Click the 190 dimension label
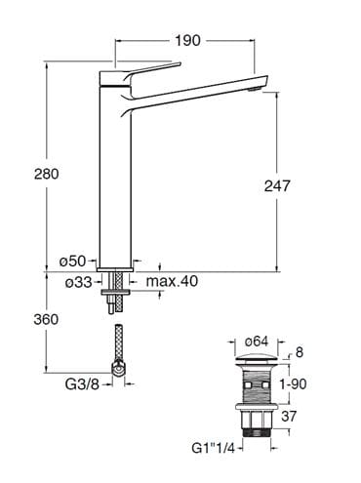pyautogui.click(x=187, y=41)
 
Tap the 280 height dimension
pyautogui.click(x=47, y=174)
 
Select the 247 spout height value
pyautogui.click(x=277, y=186)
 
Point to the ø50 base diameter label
pyautogui.click(x=72, y=261)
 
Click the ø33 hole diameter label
pyautogui.click(x=79, y=282)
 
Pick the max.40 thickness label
pyautogui.click(x=172, y=281)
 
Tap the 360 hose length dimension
pyautogui.click(x=46, y=319)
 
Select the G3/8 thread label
pyautogui.click(x=82, y=384)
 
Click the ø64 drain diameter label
pyautogui.click(x=257, y=342)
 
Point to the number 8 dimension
pyautogui.click(x=300, y=352)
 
